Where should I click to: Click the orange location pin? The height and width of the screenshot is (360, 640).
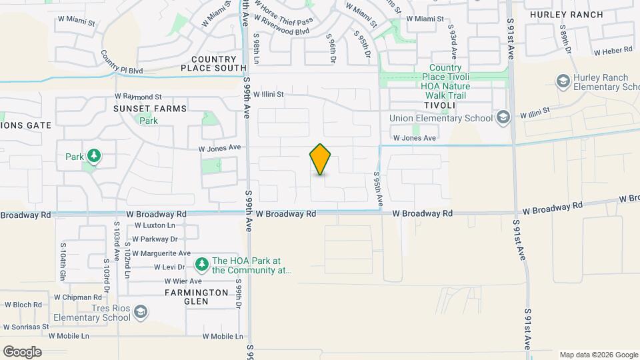click(321, 159)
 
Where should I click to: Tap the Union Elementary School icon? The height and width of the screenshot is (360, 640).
click(503, 118)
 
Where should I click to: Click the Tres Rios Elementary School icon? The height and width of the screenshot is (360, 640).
click(141, 312)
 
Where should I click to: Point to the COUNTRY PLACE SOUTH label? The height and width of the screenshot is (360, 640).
click(214, 63)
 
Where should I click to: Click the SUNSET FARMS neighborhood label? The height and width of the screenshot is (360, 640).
click(149, 108)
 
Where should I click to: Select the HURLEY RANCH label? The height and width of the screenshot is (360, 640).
click(566, 15)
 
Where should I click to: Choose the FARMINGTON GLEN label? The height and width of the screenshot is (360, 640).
click(197, 297)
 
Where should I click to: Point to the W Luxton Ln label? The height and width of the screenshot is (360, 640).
click(155, 226)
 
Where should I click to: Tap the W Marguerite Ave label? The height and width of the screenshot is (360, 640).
click(161, 253)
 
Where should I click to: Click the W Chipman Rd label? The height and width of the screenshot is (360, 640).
click(77, 297)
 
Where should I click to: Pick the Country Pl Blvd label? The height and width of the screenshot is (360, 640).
click(122, 62)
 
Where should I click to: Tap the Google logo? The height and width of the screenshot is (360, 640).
click(22, 352)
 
